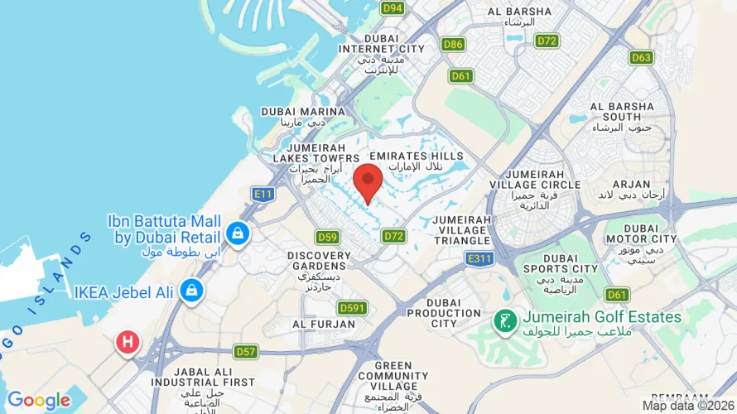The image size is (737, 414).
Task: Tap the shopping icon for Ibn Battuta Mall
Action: click(238, 233)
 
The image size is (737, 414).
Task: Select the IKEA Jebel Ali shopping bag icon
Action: click(192, 291)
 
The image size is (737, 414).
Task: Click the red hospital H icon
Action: click(128, 341)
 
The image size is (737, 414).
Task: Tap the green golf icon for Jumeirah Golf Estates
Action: click(503, 318)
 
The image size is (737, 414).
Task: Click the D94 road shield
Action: click(393, 8)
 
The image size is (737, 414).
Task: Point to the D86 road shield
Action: click(453, 45)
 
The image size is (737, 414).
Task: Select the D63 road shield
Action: click(641, 58)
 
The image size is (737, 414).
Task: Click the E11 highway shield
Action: click(263, 195)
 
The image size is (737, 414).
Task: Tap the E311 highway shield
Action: click(479, 259)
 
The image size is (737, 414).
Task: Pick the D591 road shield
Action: click(352, 308)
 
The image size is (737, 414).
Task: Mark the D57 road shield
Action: click(245, 351)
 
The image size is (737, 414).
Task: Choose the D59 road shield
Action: click(327, 237)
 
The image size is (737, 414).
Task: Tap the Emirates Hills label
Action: click(411, 156)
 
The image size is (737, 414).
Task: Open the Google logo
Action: click(39, 401)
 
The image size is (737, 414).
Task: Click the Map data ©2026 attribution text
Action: click(687, 406)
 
